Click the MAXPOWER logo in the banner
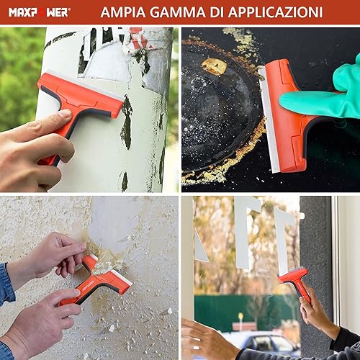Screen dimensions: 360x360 pos(40,12)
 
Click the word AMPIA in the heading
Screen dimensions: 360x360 pos(123,12)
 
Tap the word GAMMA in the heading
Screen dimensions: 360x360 pos(178,12)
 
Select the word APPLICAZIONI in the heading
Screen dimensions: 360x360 pos(276,12)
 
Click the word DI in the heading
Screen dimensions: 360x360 pos(217,12)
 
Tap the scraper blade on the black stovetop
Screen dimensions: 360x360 pos(269,120)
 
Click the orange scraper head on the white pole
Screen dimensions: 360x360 pos(81,96)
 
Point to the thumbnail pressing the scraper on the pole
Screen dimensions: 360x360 pos(65,113)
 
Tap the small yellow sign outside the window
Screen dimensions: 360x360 pos(240,315)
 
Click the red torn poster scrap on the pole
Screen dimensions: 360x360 pos(139,38)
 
